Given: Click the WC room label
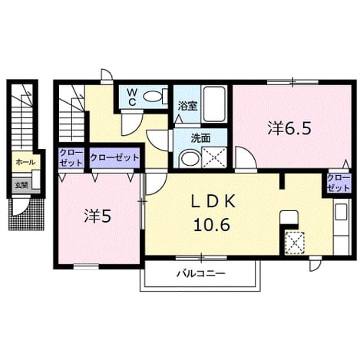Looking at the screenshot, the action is [132, 97].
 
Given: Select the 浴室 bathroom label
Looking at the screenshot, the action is [188, 106].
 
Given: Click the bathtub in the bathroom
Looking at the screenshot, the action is [214, 104].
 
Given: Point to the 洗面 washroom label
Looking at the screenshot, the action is [201, 138].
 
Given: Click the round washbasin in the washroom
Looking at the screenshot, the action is [190, 158].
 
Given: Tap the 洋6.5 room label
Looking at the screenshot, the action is [289, 128].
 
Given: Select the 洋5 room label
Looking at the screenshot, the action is [97, 216].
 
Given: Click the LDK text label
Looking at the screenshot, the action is [213, 202].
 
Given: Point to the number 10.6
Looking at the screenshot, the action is [212, 225].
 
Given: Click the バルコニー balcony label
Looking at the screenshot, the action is [202, 274].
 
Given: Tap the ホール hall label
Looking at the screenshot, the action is [25, 162].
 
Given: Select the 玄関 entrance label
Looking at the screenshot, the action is [21, 185].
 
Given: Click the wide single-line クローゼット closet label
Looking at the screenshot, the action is [114, 157].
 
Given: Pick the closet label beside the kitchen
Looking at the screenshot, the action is [339, 183].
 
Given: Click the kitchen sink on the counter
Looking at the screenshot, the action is [341, 212].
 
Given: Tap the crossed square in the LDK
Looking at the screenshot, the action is [295, 243].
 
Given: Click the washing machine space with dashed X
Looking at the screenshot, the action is [214, 157].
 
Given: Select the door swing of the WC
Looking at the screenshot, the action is [131, 124].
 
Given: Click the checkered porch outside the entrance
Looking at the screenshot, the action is [26, 214].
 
